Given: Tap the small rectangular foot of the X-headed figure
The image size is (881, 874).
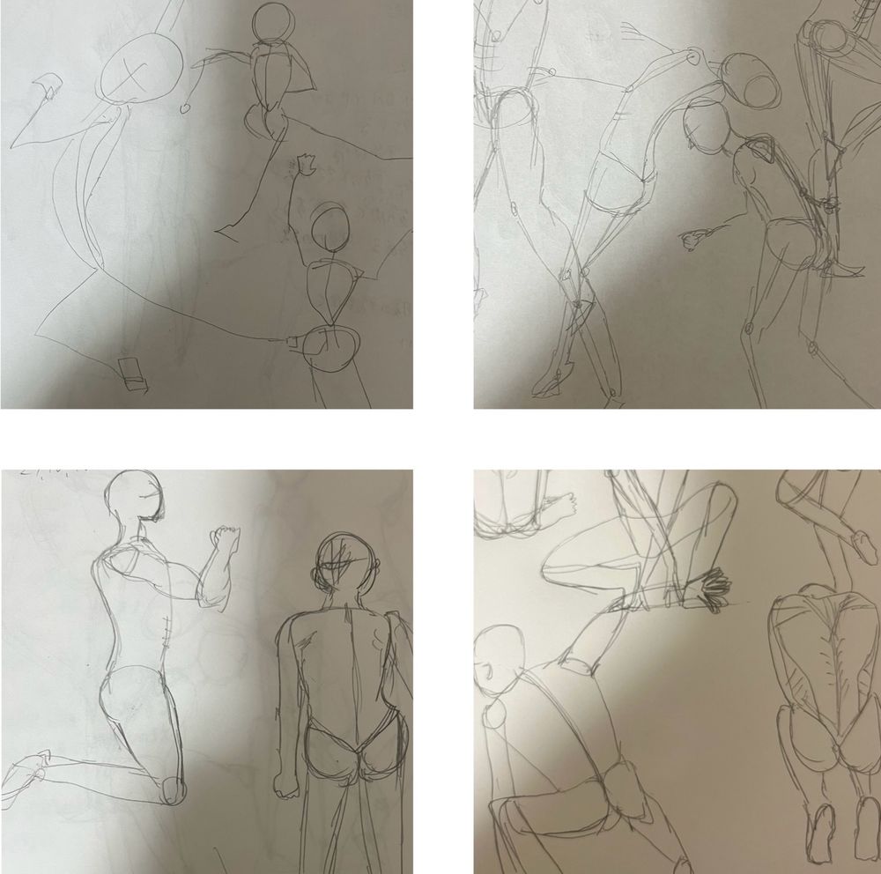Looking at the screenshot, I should click(134, 373).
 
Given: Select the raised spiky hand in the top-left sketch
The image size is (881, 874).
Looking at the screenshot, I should click(307, 163).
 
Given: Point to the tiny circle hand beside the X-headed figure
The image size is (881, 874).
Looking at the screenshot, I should click(185, 107).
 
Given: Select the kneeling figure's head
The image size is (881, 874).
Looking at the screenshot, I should click(135, 498).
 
